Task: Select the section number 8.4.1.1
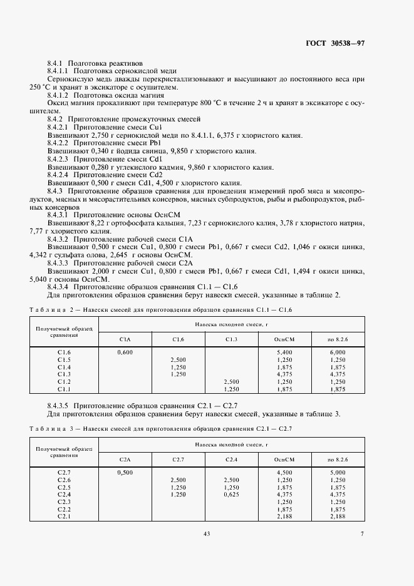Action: point(60,71)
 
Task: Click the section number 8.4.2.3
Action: point(60,159)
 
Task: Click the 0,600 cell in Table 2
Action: point(125,352)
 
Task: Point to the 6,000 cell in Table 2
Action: point(337,352)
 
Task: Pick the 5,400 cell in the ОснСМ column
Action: point(284,352)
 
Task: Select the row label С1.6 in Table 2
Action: point(64,352)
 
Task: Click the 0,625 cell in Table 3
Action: point(231,495)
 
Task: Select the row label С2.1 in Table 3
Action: point(64,516)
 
